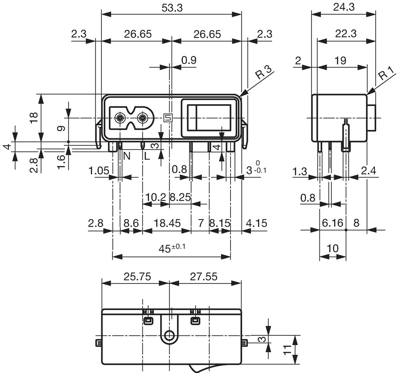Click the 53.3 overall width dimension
(172, 8)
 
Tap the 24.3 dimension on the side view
(343, 8)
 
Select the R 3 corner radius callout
(263, 72)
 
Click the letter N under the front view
(127, 156)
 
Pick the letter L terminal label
(147, 156)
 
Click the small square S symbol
(167, 118)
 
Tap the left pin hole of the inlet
(120, 118)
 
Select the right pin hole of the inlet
(143, 118)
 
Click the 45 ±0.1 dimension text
(172, 248)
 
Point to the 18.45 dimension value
(167, 223)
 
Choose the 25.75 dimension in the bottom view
(137, 277)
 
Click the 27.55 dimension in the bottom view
(204, 277)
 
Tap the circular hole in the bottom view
(169, 336)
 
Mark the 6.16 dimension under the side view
(332, 223)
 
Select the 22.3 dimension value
(346, 34)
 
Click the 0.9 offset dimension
(189, 60)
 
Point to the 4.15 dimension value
(257, 223)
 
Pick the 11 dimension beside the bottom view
(287, 350)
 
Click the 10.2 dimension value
(156, 197)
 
